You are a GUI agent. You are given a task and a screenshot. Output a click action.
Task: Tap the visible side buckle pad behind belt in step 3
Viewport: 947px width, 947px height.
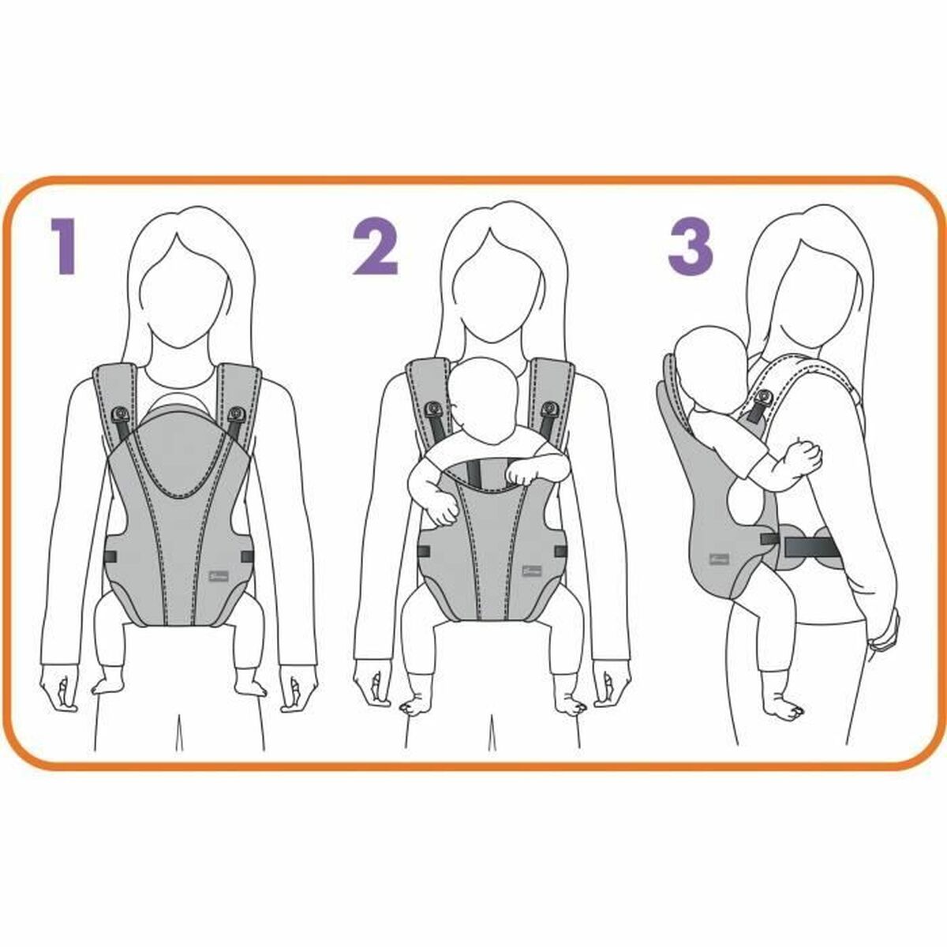click(x=825, y=545)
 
